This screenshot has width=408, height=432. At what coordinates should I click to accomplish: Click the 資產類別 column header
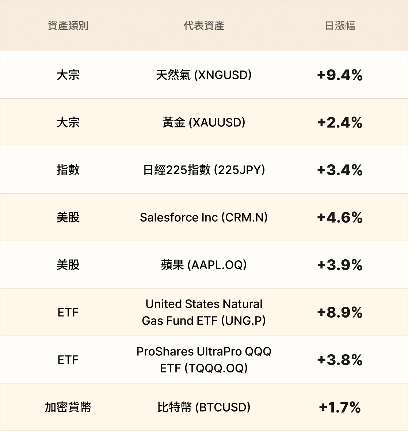(x=68, y=26)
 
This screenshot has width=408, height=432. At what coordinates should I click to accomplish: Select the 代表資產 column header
(x=204, y=26)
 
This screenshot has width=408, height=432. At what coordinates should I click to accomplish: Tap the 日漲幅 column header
(x=340, y=26)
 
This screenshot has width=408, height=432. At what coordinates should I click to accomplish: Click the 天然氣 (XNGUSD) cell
(x=204, y=75)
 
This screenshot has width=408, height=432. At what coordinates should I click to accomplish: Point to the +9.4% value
(x=340, y=75)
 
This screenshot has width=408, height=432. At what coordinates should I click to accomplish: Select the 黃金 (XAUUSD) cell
(x=204, y=122)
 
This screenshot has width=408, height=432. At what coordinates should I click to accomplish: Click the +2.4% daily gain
(x=340, y=122)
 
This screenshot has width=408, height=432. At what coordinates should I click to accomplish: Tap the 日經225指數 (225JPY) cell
(x=204, y=170)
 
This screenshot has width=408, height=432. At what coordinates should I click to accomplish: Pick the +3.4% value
(x=340, y=170)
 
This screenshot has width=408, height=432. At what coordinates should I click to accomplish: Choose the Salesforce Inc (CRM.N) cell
(x=204, y=217)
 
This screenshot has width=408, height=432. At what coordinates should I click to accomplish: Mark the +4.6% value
(x=340, y=217)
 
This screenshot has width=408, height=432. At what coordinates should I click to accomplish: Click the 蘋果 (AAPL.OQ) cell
(x=204, y=265)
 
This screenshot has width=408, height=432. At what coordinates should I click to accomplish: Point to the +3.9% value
(x=340, y=265)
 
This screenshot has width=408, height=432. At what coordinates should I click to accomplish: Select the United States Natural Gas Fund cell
(x=204, y=312)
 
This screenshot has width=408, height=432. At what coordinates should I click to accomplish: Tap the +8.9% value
(x=340, y=312)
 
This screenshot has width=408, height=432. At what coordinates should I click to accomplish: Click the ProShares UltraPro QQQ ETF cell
(x=204, y=360)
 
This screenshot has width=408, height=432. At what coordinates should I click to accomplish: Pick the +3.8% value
(x=340, y=360)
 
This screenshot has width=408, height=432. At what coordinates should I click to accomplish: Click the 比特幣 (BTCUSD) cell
(x=204, y=407)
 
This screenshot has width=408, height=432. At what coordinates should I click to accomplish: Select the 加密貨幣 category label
(x=68, y=407)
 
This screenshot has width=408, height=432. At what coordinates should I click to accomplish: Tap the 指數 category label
(x=68, y=170)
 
